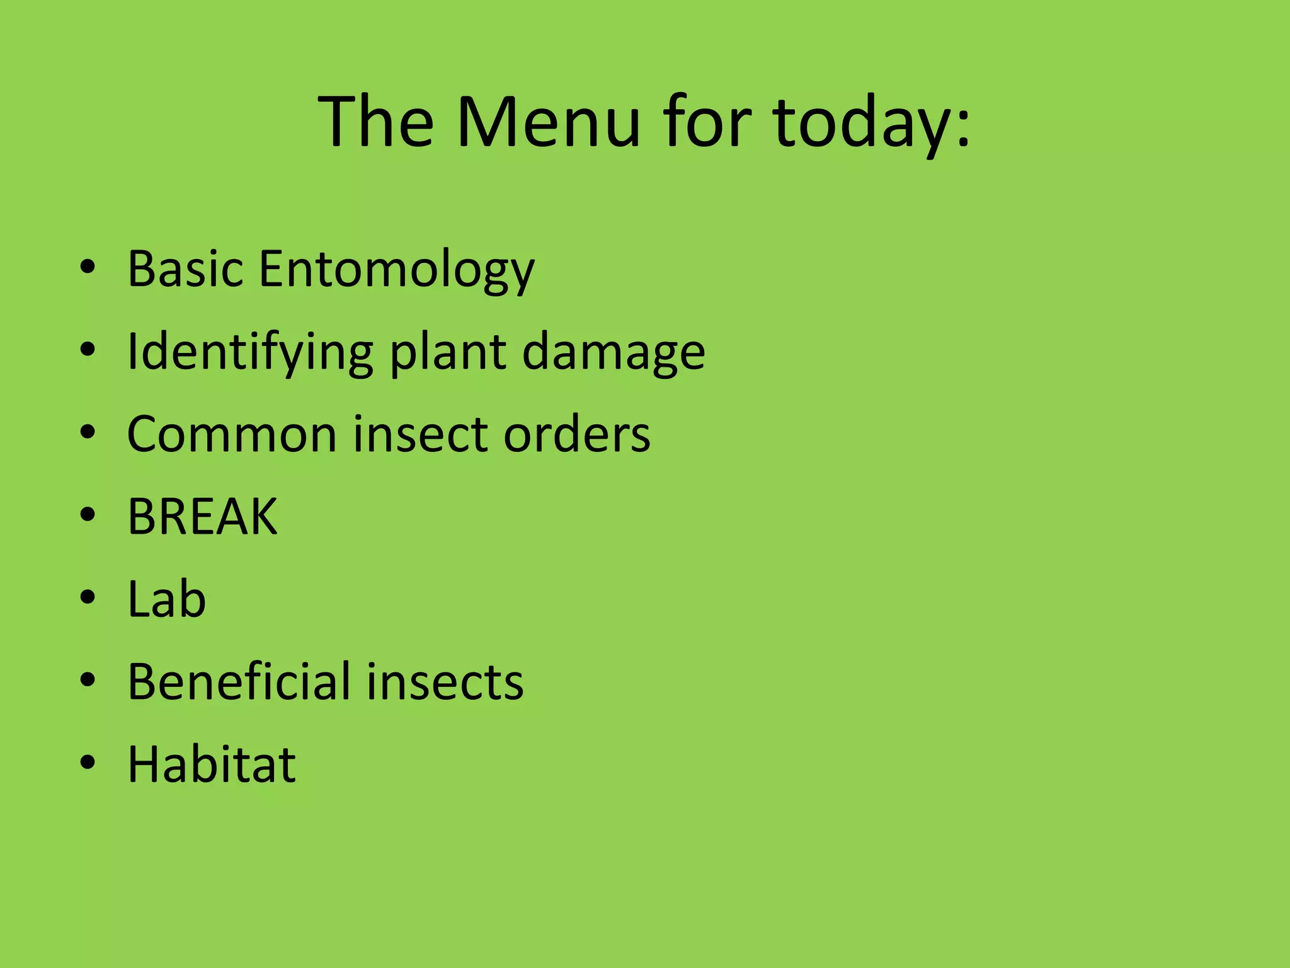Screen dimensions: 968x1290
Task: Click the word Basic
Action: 185,269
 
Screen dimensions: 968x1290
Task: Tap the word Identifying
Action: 249,353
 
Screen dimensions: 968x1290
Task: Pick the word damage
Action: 614,353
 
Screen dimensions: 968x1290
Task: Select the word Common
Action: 232,434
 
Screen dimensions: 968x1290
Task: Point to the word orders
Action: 576,434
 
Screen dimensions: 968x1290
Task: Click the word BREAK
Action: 202,516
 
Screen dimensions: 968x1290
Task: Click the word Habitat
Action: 212,764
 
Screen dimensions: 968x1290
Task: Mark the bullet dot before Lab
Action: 88,597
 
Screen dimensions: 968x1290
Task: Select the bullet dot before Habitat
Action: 88,762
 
